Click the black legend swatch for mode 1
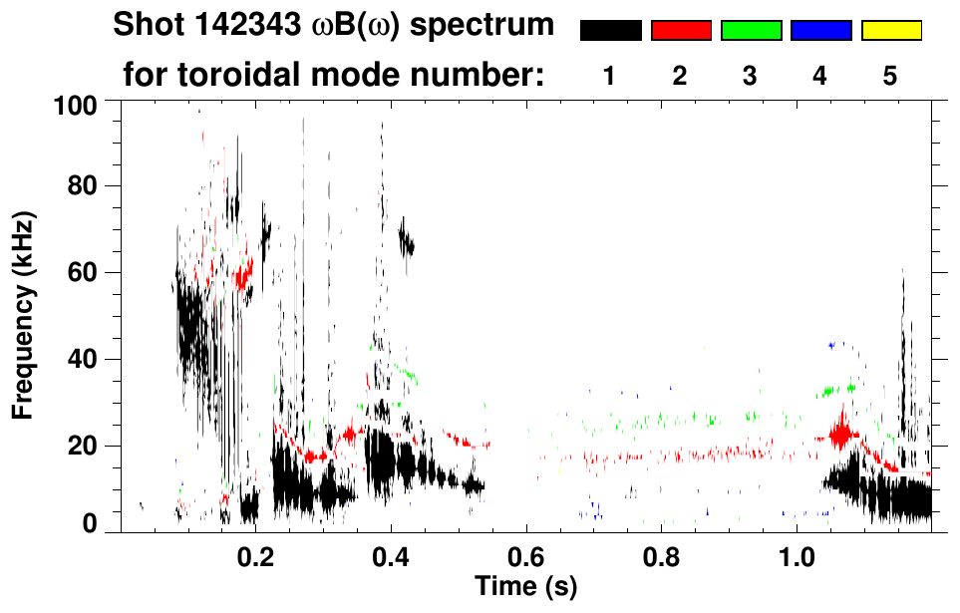610,31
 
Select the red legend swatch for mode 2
681,31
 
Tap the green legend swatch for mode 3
751,31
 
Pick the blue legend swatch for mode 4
820,31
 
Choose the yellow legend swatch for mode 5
890,31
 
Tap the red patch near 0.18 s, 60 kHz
242,272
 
